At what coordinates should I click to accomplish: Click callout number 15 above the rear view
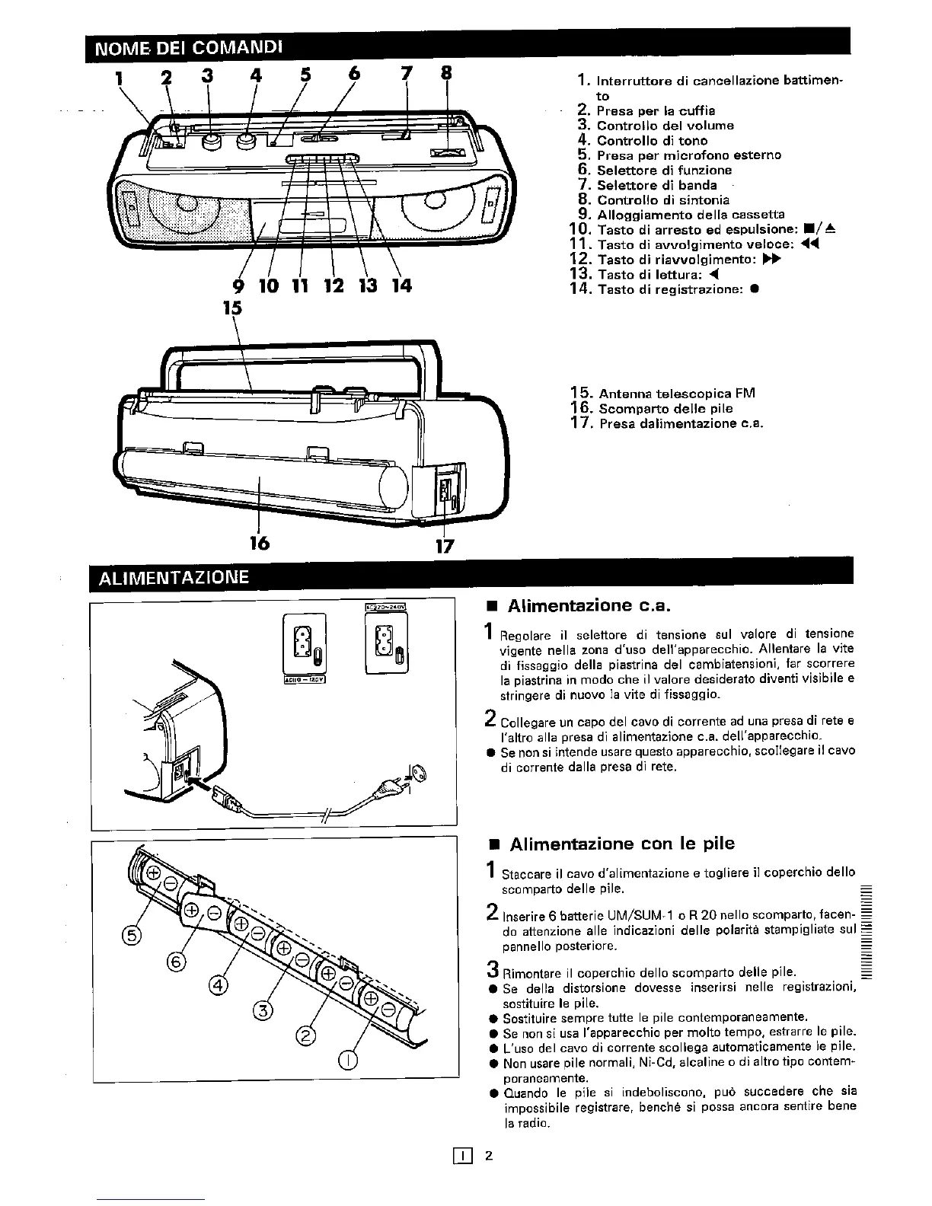(x=232, y=308)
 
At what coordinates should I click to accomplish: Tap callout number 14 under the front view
(x=401, y=286)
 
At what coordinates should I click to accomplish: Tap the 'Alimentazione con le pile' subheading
(x=622, y=844)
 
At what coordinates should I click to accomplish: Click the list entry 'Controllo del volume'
(x=665, y=126)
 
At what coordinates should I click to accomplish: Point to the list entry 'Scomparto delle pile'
(x=665, y=409)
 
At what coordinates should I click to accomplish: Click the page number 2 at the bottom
(x=490, y=1156)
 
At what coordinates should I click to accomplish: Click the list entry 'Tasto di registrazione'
(x=670, y=289)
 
